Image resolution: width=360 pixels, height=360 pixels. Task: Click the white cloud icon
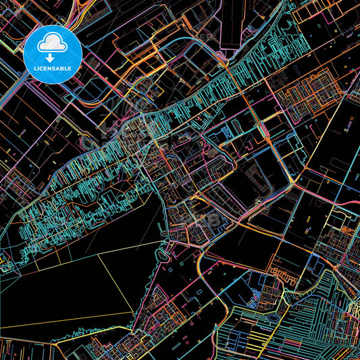tap(52, 43)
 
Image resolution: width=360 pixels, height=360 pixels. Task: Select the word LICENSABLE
tap(52, 68)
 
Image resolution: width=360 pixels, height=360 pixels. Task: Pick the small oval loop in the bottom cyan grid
tap(272, 316)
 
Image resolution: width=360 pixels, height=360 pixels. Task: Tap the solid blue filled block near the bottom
tap(259, 295)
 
